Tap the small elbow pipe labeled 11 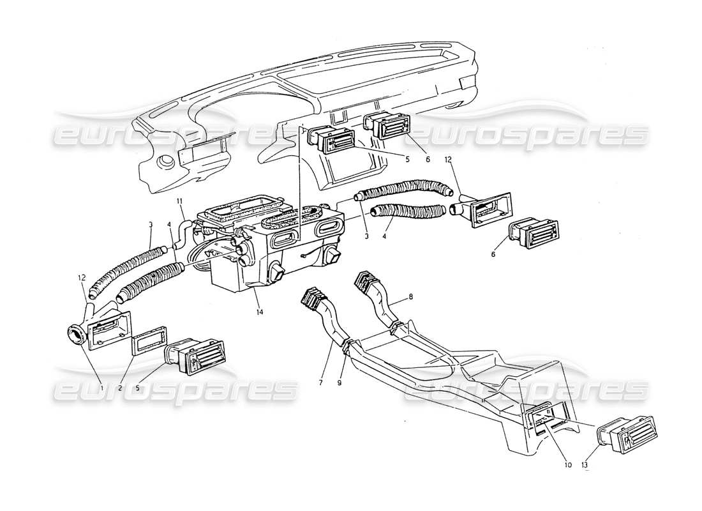(x=183, y=230)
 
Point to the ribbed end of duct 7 (x=311, y=300)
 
